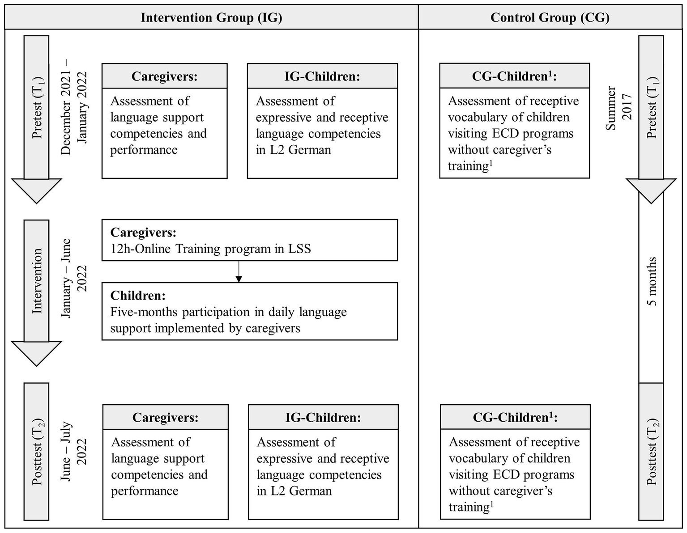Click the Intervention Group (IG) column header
pyautogui.click(x=211, y=17)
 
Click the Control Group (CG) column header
pyautogui.click(x=550, y=17)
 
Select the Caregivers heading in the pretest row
pyautogui.click(x=164, y=76)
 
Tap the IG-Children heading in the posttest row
pyautogui.click(x=323, y=418)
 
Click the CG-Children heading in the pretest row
pyautogui.click(x=514, y=76)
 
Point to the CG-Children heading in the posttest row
pyautogui.click(x=515, y=418)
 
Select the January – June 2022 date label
pyautogui.click(x=74, y=278)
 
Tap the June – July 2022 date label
pyautogui.click(x=74, y=452)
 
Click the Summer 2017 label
pyautogui.click(x=619, y=108)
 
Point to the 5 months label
pyautogui.click(x=652, y=281)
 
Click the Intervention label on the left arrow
pyautogui.click(x=37, y=281)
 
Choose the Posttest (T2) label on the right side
pyautogui.click(x=651, y=453)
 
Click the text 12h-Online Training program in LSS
pyautogui.click(x=210, y=249)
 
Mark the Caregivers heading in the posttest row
pyautogui.click(x=165, y=418)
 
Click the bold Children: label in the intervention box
pyautogui.click(x=138, y=296)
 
